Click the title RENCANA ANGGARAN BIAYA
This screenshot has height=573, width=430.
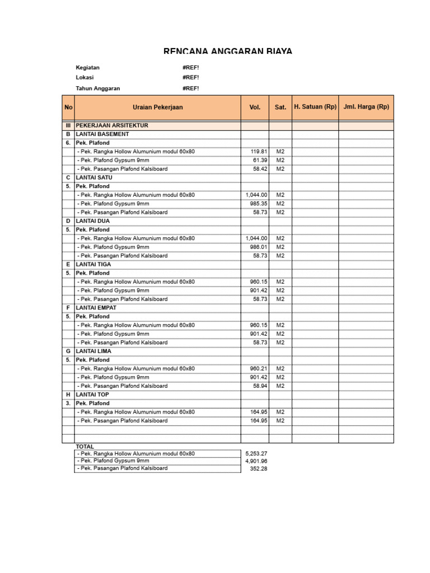coord(227,51)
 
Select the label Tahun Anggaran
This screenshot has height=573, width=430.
coord(97,88)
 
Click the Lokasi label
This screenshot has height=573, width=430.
coord(85,78)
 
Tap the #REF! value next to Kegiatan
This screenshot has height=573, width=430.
coord(190,68)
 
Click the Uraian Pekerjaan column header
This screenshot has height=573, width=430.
coord(157,107)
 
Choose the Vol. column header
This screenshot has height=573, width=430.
coord(255,107)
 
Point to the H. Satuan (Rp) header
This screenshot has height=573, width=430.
coord(315,107)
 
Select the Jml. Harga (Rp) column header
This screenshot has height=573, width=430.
coord(366,107)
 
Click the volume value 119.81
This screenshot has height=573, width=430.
coord(260,152)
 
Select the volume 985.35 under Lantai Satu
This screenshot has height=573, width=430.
coord(259,204)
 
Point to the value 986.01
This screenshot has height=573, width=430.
coord(259,247)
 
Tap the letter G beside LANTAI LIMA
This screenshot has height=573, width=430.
coord(68,351)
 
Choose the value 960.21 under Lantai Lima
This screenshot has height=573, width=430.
coord(259,369)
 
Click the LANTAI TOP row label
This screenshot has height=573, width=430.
coord(92,394)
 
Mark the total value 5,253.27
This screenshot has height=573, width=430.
coord(256,453)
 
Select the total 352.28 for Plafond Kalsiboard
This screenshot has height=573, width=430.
coord(260,469)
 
